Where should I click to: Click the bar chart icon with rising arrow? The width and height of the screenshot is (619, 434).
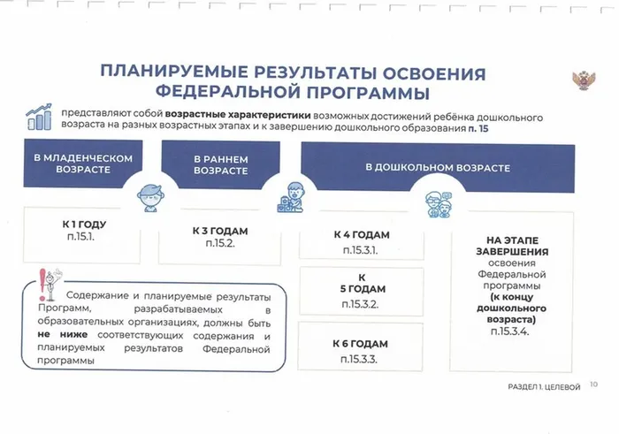coord(39,117)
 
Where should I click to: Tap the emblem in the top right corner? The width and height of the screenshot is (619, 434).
coord(584,80)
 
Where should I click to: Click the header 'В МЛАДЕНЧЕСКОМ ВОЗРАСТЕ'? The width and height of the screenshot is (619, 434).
coord(83,164)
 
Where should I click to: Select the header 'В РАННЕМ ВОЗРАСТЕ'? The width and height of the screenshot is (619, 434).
coord(221,165)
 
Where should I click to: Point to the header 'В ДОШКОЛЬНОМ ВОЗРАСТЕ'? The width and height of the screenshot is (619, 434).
coord(438,168)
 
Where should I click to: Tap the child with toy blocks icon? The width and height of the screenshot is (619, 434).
coord(291,198)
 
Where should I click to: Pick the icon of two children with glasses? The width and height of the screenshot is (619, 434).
coord(439,204)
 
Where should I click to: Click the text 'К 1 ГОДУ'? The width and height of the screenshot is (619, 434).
coord(84,225)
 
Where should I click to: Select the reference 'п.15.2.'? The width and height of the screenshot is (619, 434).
coord(220,243)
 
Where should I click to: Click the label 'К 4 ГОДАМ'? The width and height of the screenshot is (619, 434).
coord(362,235)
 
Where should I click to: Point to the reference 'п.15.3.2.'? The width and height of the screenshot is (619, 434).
coord(360,304)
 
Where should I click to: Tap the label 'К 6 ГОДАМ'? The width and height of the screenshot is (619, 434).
coord(360,344)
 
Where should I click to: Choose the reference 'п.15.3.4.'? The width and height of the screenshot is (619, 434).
coord(510,331)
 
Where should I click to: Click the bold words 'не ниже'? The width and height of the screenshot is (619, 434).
coord(63,335)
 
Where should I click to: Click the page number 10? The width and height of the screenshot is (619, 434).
coord(593,385)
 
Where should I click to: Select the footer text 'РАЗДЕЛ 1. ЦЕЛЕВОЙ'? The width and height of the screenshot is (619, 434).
coord(544,387)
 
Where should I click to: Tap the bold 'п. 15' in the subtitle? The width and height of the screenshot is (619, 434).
coord(478,129)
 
